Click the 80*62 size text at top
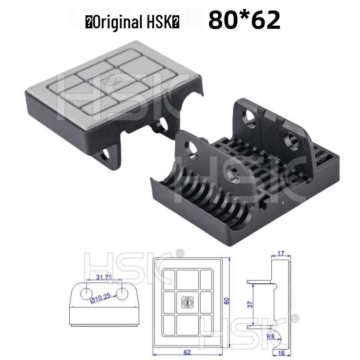click(244, 20)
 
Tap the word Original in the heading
click(115, 22)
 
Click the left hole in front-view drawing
click(85, 293)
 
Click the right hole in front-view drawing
click(121, 293)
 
